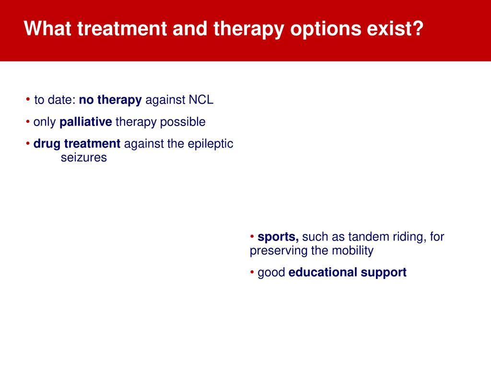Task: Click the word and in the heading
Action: click(190, 28)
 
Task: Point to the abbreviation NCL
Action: click(201, 100)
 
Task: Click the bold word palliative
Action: click(85, 122)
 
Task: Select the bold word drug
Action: click(47, 144)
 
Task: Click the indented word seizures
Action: click(83, 157)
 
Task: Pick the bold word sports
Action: click(278, 237)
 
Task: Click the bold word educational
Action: click(323, 272)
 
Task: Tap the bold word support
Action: click(384, 273)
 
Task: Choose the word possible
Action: click(183, 122)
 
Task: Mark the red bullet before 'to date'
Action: click(28, 100)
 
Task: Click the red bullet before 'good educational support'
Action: click(252, 272)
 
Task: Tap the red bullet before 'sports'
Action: click(252, 237)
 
